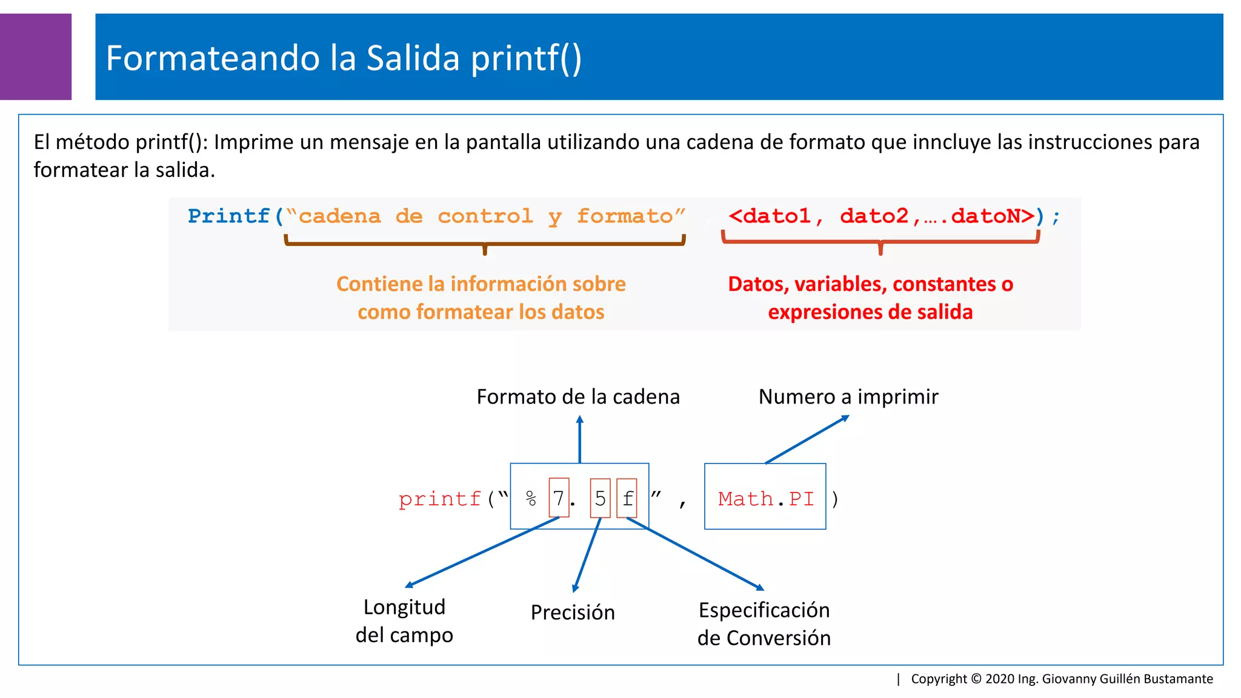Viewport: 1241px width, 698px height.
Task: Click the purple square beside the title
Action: coord(35,56)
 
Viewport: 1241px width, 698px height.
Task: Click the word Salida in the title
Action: coord(413,58)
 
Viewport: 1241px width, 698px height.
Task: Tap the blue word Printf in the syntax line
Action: coord(228,216)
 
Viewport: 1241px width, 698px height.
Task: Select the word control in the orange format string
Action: coord(485,216)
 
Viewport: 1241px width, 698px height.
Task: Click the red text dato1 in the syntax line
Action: coord(776,216)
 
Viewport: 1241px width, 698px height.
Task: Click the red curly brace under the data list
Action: coord(880,242)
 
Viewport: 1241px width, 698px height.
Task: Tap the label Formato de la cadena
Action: coord(578,397)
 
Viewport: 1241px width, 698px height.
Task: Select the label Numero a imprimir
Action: coord(848,397)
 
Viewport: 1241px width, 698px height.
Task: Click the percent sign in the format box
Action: coord(531,499)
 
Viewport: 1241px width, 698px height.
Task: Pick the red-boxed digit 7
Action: coord(559,498)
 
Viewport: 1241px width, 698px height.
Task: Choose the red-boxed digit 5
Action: coord(600,498)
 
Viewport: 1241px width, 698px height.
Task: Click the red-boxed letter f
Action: coord(627,498)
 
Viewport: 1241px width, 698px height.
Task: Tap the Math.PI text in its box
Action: coord(766,499)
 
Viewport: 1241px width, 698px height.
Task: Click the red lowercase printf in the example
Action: coord(440,499)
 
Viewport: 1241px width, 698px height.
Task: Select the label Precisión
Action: coord(573,613)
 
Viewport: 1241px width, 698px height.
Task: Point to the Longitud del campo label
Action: coord(404,621)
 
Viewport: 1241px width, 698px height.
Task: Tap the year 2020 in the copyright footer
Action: coord(1000,679)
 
